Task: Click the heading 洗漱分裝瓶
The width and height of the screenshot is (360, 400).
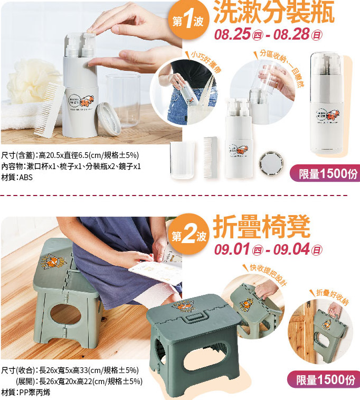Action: click(274, 13)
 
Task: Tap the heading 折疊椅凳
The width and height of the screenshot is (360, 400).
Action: click(262, 226)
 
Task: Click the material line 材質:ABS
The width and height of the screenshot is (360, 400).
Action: click(17, 178)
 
